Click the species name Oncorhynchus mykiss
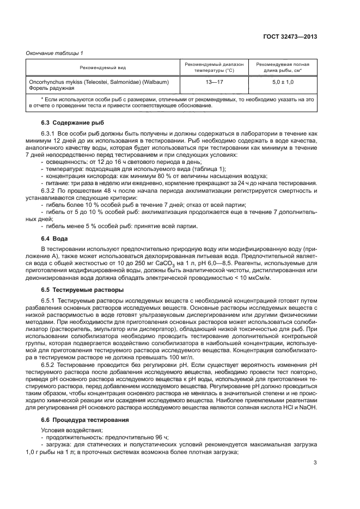tap(54, 82)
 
